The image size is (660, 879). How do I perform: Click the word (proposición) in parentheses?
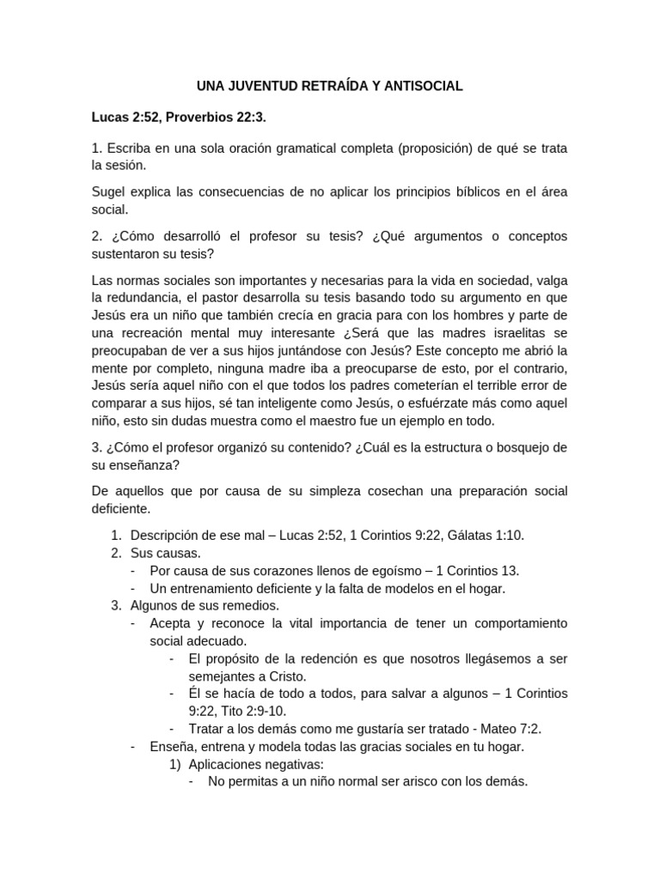[441, 148]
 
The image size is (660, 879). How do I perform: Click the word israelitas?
[511, 333]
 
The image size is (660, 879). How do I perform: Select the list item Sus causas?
[165, 553]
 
